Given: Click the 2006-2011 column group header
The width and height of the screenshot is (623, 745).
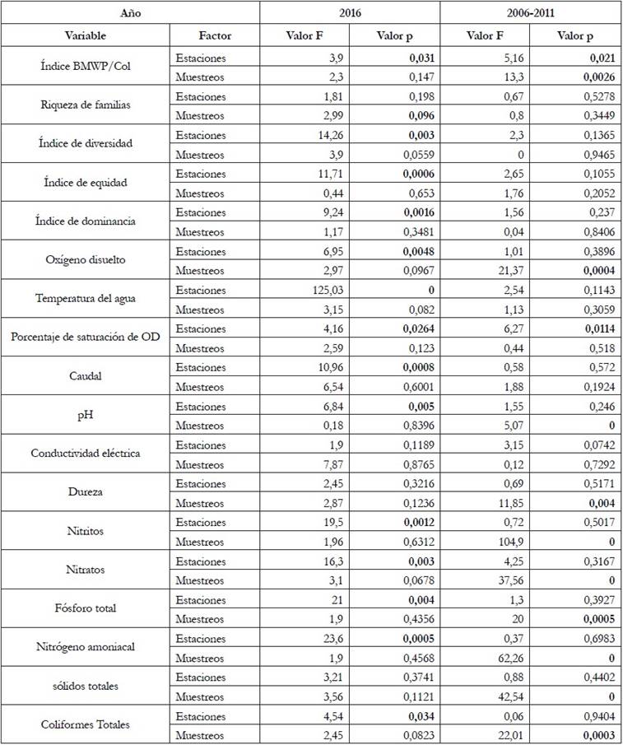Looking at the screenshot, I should [531, 14].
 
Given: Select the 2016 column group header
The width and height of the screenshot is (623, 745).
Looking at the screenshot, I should [351, 14].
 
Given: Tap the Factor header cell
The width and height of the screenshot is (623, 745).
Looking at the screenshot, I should [215, 36].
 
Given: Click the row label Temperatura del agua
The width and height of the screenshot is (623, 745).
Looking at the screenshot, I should [86, 300].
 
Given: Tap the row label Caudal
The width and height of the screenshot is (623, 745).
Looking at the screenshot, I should [86, 377].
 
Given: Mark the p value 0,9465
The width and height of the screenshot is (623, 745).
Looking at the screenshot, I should [574, 155].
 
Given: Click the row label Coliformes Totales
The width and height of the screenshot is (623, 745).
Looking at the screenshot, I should [86, 725].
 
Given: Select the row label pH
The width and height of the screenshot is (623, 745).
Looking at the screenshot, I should [86, 415].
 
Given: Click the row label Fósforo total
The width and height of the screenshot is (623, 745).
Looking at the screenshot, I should [86, 608].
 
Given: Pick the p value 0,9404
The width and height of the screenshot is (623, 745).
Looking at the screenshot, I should [574, 716].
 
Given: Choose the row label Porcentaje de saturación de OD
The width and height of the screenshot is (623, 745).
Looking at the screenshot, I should [86, 338].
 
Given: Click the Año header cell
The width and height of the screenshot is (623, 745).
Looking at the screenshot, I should [86, 14].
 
